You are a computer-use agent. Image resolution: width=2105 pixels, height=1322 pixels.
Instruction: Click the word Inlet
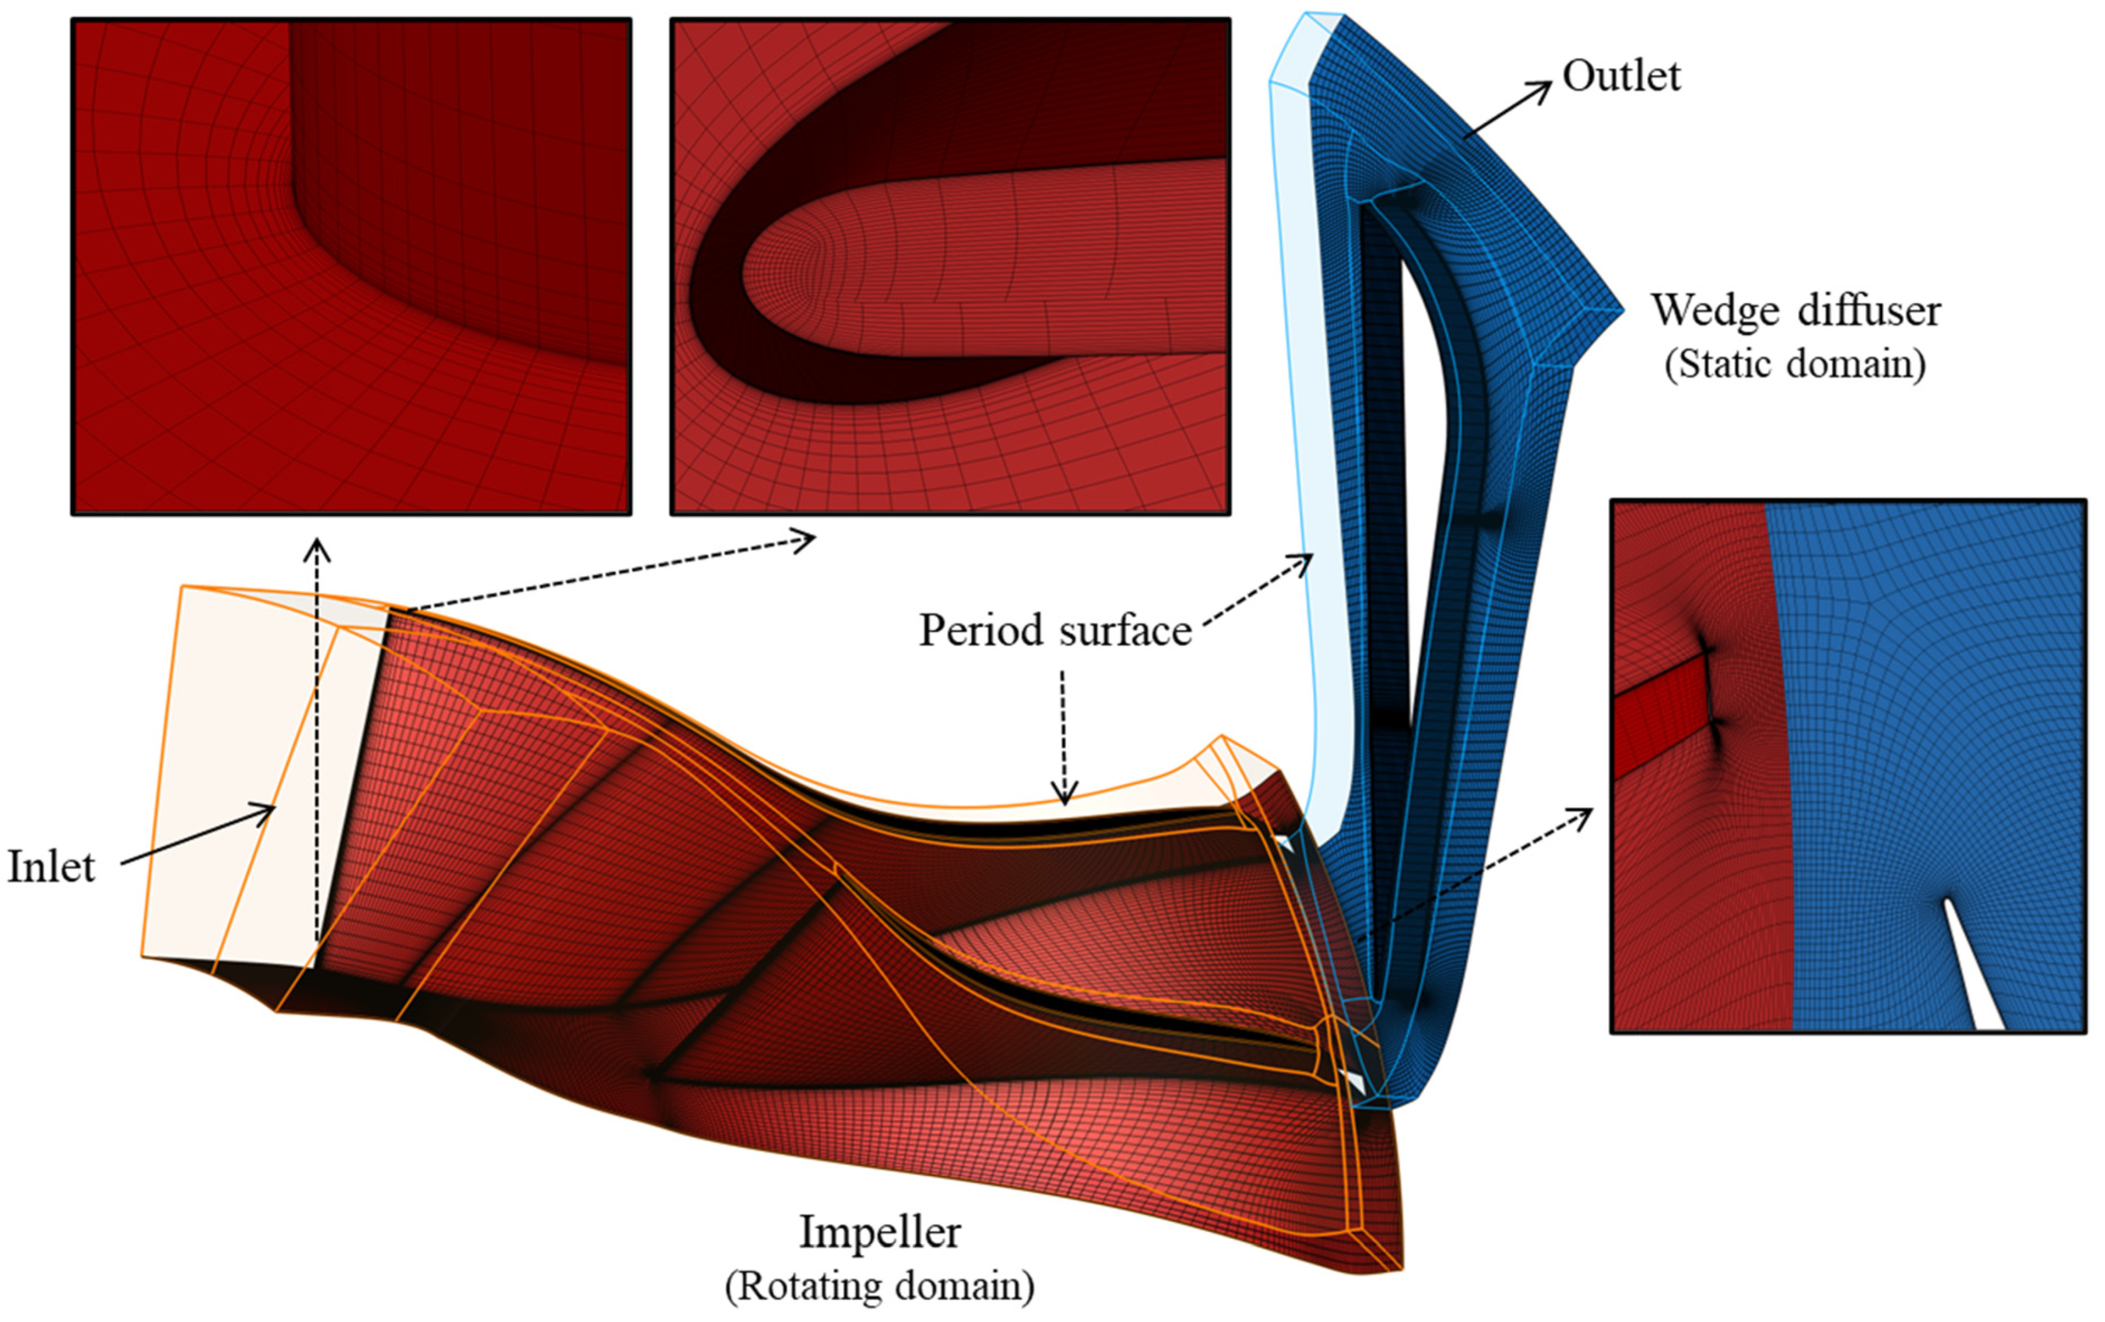pyautogui.click(x=51, y=867)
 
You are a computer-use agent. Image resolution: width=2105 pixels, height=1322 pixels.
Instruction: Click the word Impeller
pyautogui.click(x=880, y=1232)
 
